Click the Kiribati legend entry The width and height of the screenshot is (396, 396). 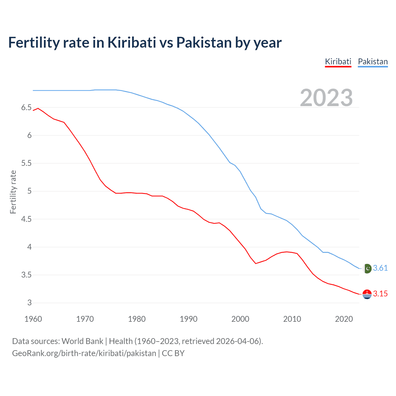pyautogui.click(x=338, y=62)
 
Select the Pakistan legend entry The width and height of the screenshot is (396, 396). pyautogui.click(x=372, y=62)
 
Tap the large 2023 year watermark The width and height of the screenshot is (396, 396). pyautogui.click(x=326, y=98)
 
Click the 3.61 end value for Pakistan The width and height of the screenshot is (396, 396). pyautogui.click(x=380, y=268)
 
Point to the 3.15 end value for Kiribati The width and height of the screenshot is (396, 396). pyautogui.click(x=380, y=294)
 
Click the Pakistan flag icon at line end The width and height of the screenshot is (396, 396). pyautogui.click(x=367, y=268)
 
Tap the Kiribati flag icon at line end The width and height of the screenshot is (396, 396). pyautogui.click(x=367, y=294)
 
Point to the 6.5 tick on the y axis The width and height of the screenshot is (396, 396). pyautogui.click(x=26, y=108)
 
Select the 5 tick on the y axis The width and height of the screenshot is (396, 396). pyautogui.click(x=29, y=191)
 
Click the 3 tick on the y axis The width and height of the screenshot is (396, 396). pyautogui.click(x=29, y=303)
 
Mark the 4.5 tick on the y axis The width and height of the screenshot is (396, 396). pyautogui.click(x=26, y=219)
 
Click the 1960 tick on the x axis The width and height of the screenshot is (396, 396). pyautogui.click(x=33, y=319)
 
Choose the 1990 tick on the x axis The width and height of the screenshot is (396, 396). pyautogui.click(x=188, y=319)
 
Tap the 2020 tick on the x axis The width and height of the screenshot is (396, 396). pyautogui.click(x=344, y=319)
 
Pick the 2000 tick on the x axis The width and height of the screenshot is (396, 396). pyautogui.click(x=240, y=319)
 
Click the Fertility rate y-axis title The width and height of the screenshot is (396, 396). pyautogui.click(x=13, y=192)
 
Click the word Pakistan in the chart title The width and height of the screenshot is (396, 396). pyautogui.click(x=204, y=42)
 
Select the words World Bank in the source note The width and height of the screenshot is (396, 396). pyautogui.click(x=82, y=341)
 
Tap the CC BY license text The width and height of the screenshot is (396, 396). pyautogui.click(x=173, y=353)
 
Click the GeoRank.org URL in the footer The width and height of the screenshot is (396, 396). pyautogui.click(x=84, y=353)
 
